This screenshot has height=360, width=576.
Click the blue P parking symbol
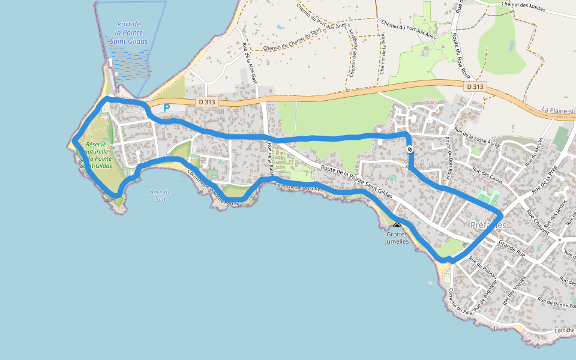pyautogui.click(x=167, y=108)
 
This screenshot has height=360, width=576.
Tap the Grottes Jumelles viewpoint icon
pyautogui.click(x=397, y=227)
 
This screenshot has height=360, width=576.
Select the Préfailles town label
pyautogui.click(x=488, y=225)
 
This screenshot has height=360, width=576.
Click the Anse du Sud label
pyautogui.click(x=160, y=196)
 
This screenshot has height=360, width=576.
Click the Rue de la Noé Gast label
pyautogui.click(x=250, y=64)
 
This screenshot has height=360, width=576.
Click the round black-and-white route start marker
pyautogui.click(x=410, y=149)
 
